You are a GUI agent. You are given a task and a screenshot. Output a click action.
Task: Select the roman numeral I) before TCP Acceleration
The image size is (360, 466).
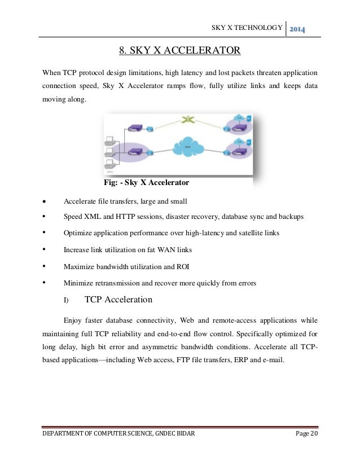[65, 300]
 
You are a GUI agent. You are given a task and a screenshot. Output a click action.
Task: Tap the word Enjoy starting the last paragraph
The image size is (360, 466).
[74, 319]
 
